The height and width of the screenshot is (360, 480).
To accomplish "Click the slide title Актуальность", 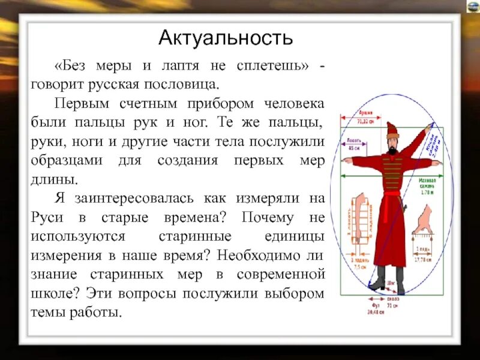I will [226, 38].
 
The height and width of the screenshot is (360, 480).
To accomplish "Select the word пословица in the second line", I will [193, 83].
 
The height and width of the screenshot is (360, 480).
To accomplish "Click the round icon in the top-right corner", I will [471, 7].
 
